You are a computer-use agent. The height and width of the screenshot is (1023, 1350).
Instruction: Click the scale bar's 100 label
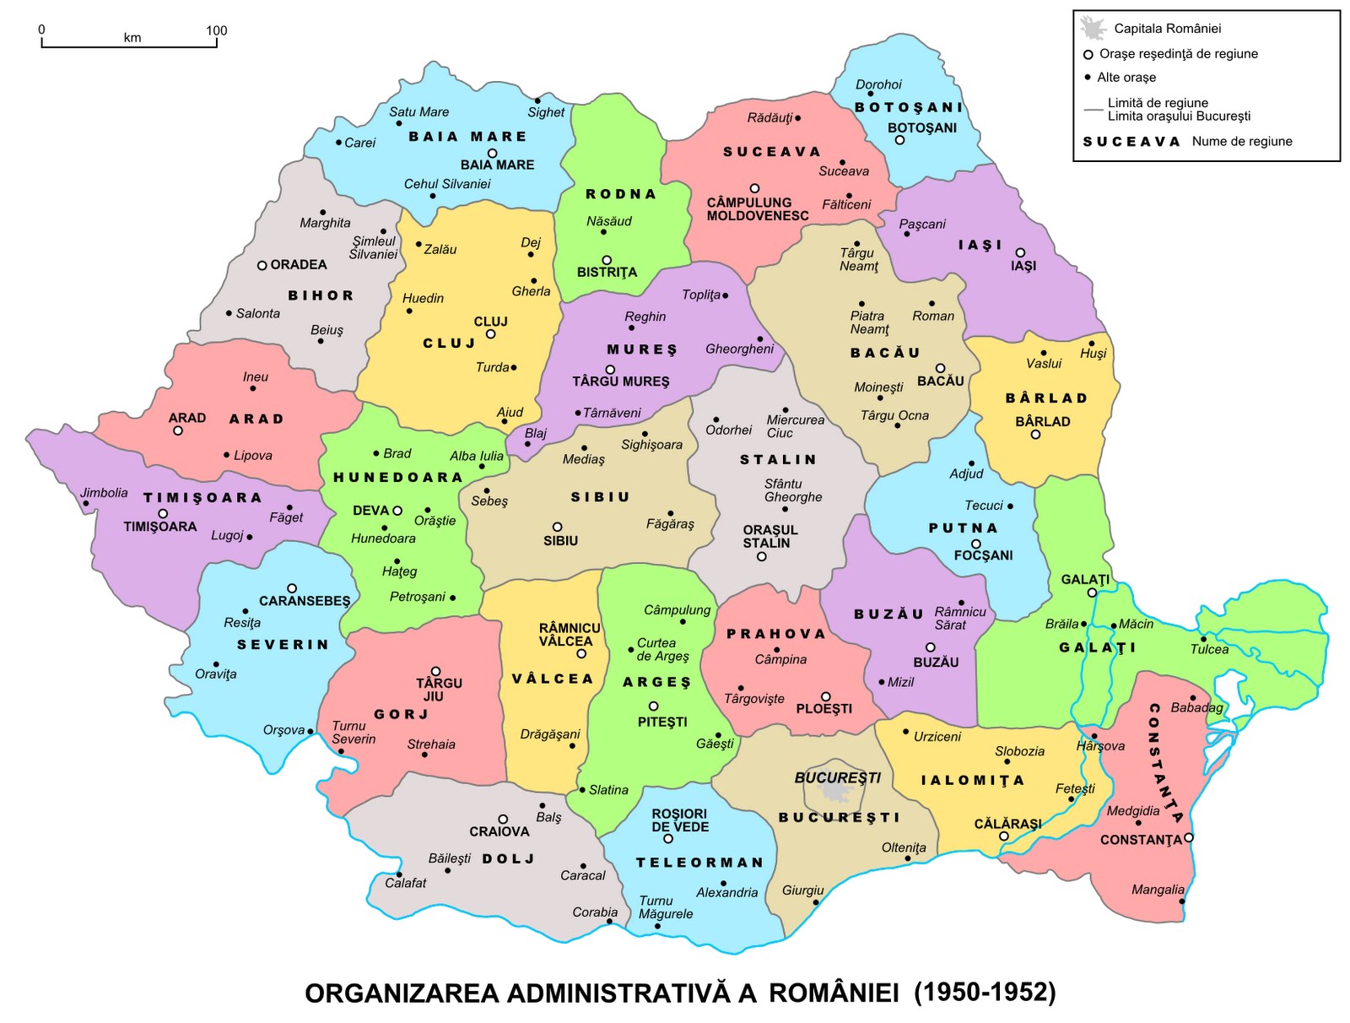click(216, 30)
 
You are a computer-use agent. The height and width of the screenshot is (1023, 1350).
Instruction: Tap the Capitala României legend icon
click(1093, 28)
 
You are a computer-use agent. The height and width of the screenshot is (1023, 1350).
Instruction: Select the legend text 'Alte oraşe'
click(1126, 78)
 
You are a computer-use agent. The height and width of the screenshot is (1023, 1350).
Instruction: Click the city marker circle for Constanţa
click(1189, 837)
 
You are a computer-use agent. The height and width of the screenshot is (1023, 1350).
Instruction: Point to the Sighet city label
click(546, 112)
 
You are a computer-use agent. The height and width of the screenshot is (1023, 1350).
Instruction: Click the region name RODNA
click(621, 194)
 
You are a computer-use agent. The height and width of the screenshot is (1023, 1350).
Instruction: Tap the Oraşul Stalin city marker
click(762, 556)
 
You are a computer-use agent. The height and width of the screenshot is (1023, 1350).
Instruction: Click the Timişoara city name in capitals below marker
click(160, 527)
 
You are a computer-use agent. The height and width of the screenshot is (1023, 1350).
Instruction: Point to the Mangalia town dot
click(1182, 901)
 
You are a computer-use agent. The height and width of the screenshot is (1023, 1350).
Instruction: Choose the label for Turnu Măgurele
click(666, 907)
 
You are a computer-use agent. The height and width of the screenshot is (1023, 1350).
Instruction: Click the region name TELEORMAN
click(699, 863)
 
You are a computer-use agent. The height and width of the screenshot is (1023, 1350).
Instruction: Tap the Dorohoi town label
click(878, 84)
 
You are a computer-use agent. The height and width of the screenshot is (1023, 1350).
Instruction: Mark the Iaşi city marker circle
click(1020, 252)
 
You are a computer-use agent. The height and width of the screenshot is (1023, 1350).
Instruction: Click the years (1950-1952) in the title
click(985, 992)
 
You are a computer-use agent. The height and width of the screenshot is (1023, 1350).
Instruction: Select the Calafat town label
click(406, 883)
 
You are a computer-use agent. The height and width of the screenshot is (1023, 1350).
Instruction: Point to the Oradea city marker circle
click(262, 265)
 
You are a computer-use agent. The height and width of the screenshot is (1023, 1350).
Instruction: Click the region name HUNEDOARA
click(398, 478)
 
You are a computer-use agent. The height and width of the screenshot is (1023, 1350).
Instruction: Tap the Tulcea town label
click(1209, 649)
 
